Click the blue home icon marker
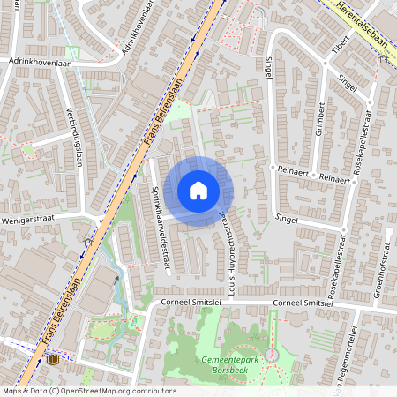click(x=198, y=190)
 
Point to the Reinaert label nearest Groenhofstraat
click(x=334, y=178)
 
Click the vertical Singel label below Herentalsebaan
click(x=269, y=66)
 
